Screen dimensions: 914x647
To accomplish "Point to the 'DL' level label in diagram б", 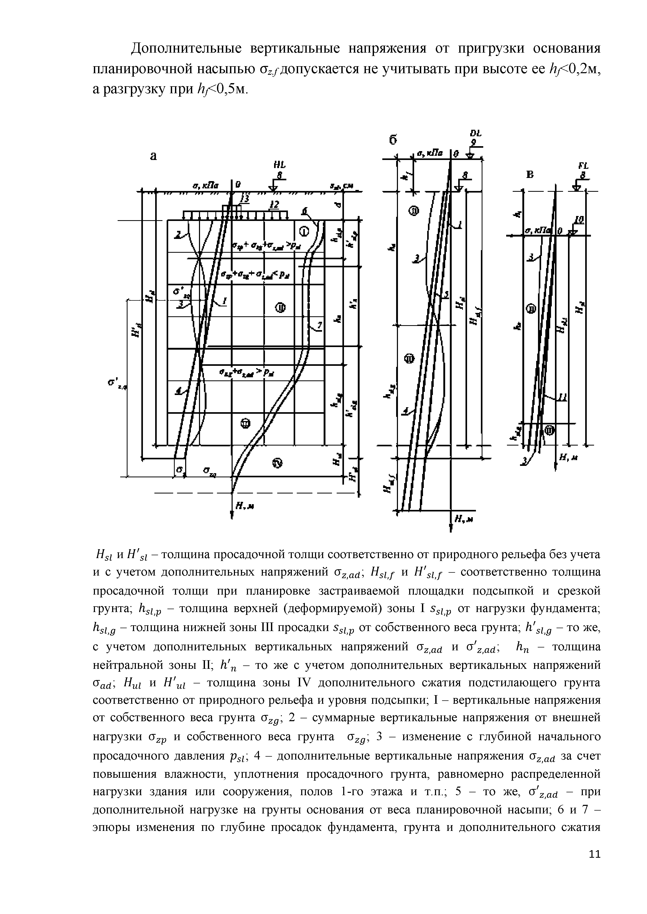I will pos(475,134).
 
